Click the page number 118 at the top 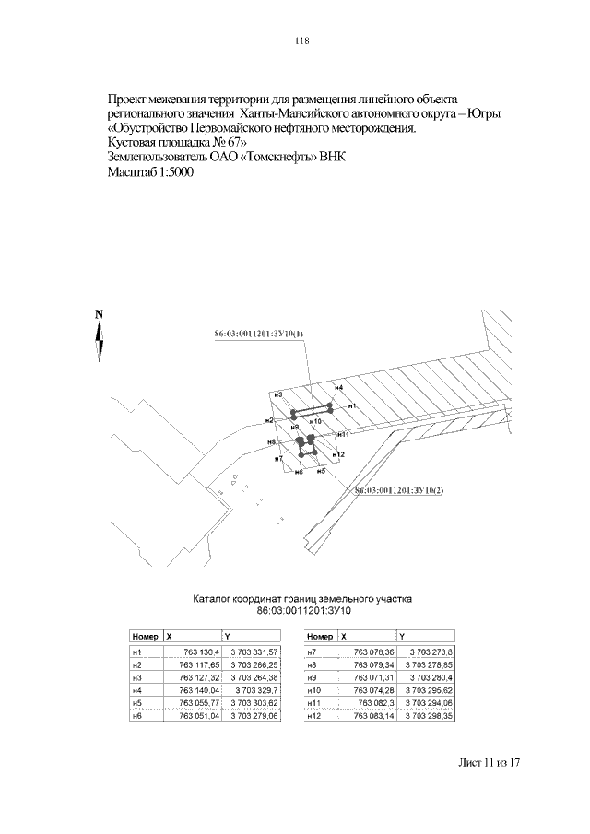pos(301,41)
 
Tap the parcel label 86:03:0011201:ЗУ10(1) pos(258,335)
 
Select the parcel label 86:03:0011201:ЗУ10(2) pos(399,490)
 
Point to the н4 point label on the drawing pos(339,388)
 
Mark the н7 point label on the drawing pos(279,458)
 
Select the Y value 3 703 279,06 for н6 pos(253,715)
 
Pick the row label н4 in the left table pos(136,689)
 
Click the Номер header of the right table pos(319,636)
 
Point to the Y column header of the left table pos(227,636)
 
